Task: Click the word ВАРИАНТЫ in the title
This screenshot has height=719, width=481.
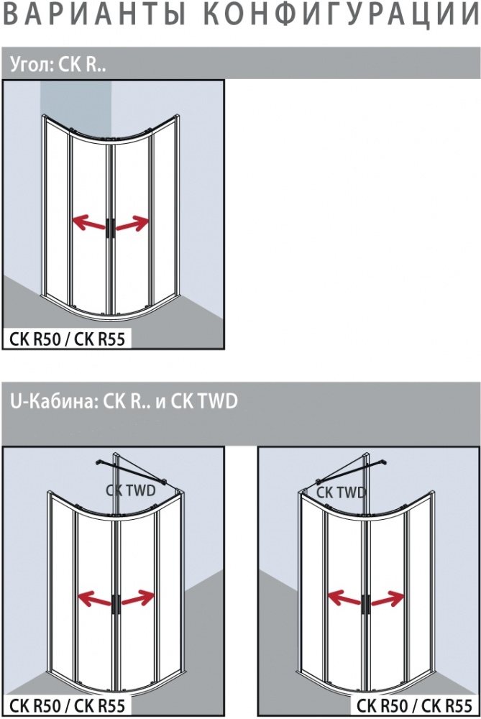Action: click(x=94, y=14)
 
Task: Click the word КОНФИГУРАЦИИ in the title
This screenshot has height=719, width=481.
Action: click(x=341, y=14)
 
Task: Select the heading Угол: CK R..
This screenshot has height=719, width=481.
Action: click(x=58, y=65)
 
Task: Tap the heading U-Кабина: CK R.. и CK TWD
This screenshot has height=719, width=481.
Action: click(x=124, y=401)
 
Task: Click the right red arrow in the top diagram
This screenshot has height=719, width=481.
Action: click(x=132, y=224)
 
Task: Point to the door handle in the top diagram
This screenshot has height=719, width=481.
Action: click(x=111, y=228)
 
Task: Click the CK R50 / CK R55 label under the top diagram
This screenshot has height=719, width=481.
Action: click(x=68, y=339)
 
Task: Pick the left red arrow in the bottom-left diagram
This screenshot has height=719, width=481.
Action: click(x=96, y=598)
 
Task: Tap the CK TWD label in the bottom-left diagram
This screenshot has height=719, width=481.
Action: click(x=131, y=490)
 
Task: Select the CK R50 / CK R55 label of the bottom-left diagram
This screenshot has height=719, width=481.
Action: click(x=68, y=705)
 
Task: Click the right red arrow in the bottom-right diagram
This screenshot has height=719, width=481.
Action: click(x=388, y=598)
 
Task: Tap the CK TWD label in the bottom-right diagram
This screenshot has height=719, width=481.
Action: click(x=341, y=493)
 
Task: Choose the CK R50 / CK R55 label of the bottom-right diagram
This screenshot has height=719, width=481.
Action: click(x=414, y=705)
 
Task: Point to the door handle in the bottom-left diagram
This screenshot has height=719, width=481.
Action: click(x=116, y=604)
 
